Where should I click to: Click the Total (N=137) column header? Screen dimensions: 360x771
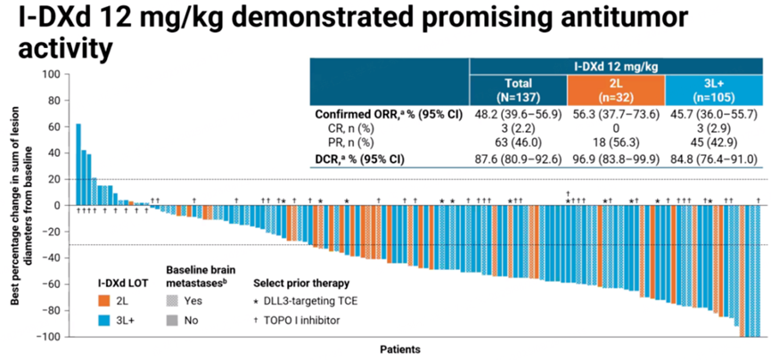click(518, 90)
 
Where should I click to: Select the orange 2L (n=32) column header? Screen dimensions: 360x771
click(616, 90)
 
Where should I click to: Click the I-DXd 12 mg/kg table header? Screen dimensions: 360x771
click(615, 65)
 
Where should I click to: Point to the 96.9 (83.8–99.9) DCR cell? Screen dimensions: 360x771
click(616, 158)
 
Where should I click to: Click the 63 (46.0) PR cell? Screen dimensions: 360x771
click(518, 142)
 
